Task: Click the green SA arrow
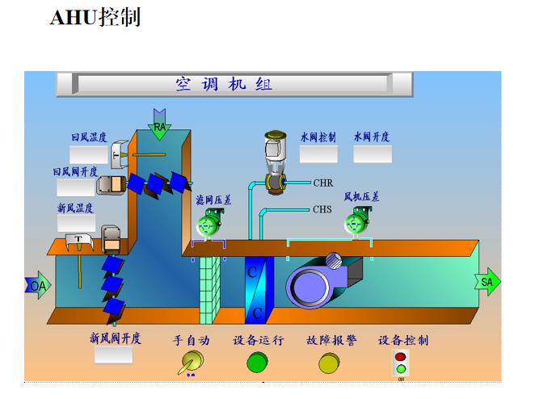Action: [487, 282]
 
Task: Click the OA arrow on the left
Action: [37, 286]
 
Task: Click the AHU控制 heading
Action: [95, 18]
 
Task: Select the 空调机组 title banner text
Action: [224, 85]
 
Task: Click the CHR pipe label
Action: [323, 183]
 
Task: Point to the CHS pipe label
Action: [322, 210]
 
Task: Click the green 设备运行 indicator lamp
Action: [257, 363]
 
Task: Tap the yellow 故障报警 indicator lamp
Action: [329, 363]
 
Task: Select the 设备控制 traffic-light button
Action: [400, 363]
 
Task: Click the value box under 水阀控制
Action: [318, 154]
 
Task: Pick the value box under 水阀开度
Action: [372, 154]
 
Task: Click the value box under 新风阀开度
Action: [113, 355]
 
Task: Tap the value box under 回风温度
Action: [88, 154]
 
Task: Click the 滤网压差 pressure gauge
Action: [210, 224]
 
